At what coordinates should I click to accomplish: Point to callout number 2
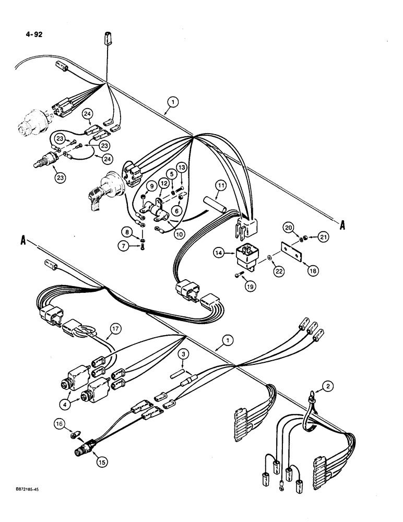(x=327, y=386)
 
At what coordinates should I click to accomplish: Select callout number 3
(x=184, y=355)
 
